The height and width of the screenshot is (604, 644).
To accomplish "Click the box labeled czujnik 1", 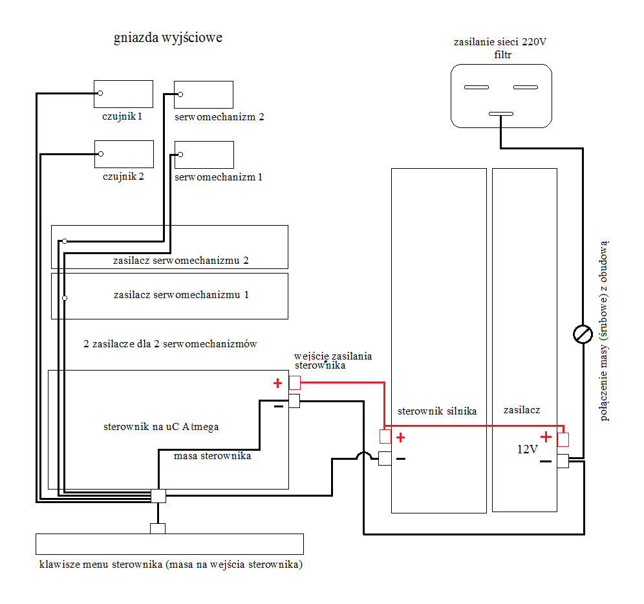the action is [123, 94].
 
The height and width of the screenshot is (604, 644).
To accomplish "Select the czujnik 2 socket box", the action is [124, 155].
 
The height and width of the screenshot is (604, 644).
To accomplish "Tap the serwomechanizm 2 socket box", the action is [204, 94].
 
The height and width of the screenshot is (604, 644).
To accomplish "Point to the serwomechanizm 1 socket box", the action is [204, 155].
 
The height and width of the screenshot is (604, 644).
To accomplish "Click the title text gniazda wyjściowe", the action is [168, 38].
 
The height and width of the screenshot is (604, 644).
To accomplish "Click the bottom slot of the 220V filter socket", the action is [501, 114].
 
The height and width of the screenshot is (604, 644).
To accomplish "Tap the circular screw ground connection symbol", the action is [583, 334].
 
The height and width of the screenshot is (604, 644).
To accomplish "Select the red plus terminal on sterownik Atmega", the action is [295, 383].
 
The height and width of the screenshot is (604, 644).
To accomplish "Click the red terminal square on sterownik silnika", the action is [385, 437].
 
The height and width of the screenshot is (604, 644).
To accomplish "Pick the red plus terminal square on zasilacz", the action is [563, 440].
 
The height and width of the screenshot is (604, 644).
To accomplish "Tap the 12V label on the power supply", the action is [528, 449].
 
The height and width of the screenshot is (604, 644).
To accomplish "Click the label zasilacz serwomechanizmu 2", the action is [180, 261].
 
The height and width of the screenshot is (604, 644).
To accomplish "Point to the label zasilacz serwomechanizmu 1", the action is [181, 295].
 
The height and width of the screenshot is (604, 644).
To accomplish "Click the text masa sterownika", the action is [212, 456].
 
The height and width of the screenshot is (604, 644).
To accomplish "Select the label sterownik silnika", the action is [437, 411].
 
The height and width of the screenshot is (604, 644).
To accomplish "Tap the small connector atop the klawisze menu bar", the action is [158, 528].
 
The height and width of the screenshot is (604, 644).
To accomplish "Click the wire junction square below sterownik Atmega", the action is [158, 496].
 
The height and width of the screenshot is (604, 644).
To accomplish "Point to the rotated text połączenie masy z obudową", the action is [603, 331].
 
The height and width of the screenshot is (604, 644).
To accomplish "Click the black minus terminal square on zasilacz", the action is [563, 461].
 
